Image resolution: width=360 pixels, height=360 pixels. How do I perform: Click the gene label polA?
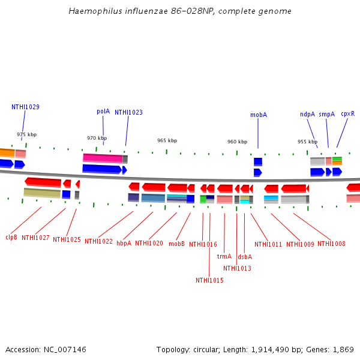pos(103,111)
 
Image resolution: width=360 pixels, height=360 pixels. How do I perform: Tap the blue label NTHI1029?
pos(25,107)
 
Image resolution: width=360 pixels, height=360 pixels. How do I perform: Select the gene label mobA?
pos(259,115)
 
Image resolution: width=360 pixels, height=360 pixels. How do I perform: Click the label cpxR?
pos(347,113)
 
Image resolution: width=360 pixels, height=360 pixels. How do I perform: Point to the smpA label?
pos(326,114)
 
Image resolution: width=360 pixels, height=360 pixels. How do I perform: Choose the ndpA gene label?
pos(307,114)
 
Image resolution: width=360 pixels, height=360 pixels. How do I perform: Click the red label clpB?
pos(11,237)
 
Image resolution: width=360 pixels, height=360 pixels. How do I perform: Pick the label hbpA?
pos(124,243)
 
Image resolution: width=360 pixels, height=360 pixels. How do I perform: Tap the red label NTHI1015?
pos(209,280)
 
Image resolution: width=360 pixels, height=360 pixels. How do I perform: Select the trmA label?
pos(224,256)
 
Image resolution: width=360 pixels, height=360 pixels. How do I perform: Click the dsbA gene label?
pos(245,257)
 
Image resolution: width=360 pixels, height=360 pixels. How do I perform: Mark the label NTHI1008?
pos(331,244)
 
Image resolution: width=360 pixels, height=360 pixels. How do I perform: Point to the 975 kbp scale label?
pos(26,135)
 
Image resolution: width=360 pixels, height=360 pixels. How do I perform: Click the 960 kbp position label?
pos(237,142)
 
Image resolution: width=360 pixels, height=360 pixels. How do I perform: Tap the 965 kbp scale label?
pos(167,140)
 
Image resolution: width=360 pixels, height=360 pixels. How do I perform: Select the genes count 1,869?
pos(343,349)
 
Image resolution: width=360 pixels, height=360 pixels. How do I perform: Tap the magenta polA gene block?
pos(103,158)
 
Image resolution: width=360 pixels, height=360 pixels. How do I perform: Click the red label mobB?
pos(176,244)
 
